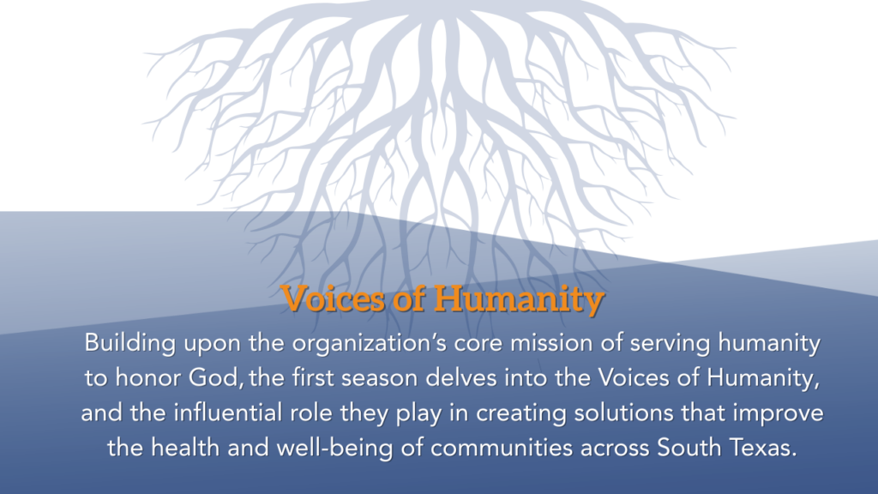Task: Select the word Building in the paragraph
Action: point(130,343)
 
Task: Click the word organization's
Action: point(370,343)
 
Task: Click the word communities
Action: point(502,448)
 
